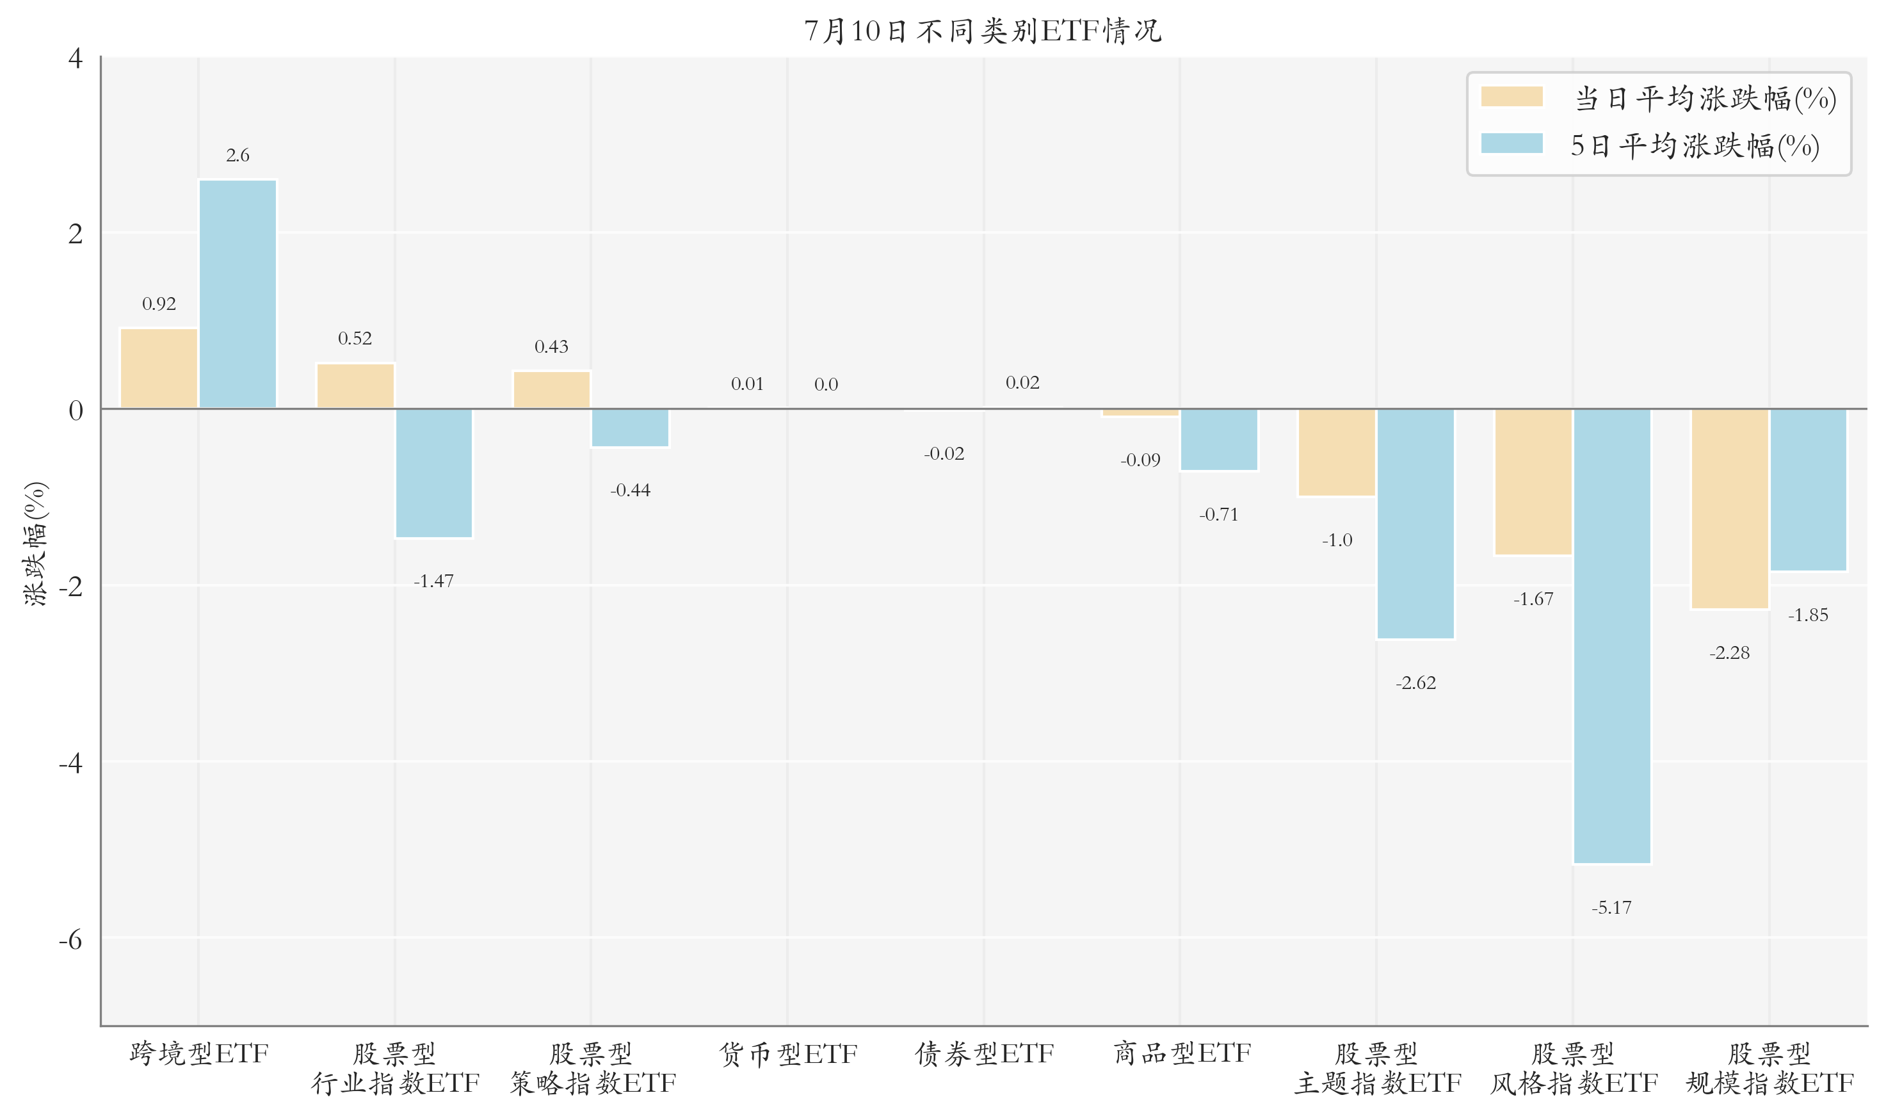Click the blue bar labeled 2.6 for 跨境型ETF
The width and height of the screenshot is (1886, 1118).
(x=238, y=294)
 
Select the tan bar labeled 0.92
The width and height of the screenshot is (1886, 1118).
(x=159, y=368)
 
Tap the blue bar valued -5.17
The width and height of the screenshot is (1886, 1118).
(x=1612, y=636)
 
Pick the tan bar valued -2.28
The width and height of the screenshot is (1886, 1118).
(x=1730, y=508)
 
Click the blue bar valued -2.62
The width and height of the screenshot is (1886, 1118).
(x=1415, y=524)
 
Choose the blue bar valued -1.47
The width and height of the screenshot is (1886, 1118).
(x=434, y=474)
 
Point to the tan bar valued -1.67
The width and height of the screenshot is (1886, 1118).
(x=1533, y=482)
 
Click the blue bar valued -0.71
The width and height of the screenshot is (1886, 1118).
(x=1219, y=440)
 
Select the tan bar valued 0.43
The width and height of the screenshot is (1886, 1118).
(x=551, y=390)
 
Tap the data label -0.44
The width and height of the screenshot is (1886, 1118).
(x=631, y=490)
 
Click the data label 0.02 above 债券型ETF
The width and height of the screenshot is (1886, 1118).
(x=1023, y=383)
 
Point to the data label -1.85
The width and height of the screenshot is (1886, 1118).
(x=1809, y=615)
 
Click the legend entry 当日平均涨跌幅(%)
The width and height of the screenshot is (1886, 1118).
(x=1659, y=99)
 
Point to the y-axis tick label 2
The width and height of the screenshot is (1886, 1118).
(x=76, y=234)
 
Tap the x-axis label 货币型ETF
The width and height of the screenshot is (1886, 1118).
(x=788, y=1054)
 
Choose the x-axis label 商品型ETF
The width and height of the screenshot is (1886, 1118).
(x=1182, y=1054)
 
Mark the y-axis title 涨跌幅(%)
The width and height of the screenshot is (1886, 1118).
(x=35, y=543)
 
